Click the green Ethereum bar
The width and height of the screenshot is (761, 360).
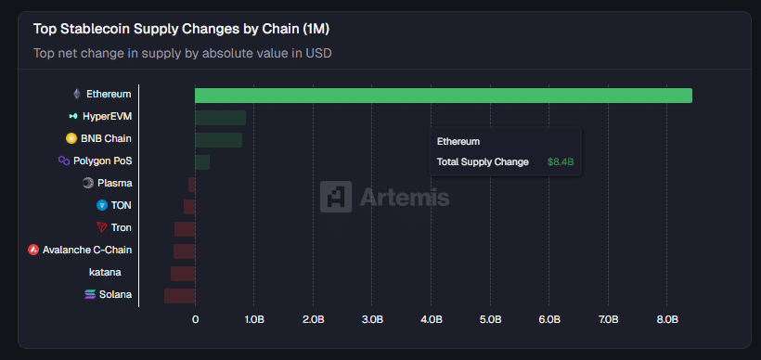(443, 96)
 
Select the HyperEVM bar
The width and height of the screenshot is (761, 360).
(220, 118)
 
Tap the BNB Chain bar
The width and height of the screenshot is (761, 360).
(218, 140)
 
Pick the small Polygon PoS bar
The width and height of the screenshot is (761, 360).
(202, 162)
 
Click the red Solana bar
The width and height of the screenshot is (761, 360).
(179, 296)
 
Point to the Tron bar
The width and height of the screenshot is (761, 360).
(185, 229)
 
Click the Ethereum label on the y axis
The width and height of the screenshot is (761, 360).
(109, 94)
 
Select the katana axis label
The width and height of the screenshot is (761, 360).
(105, 273)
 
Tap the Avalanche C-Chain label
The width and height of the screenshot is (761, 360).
(87, 250)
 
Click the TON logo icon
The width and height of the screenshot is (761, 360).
(102, 205)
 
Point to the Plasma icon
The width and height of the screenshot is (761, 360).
(88, 183)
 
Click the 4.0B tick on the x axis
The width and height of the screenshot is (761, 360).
(431, 319)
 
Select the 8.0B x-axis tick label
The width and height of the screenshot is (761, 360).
(667, 319)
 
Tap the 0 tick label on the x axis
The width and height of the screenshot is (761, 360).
(195, 319)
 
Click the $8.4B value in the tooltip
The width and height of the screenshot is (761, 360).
(561, 162)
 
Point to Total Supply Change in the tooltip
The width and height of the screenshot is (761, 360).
(483, 162)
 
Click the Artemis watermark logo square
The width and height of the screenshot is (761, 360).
(335, 197)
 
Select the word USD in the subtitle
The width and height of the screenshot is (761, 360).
(318, 53)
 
